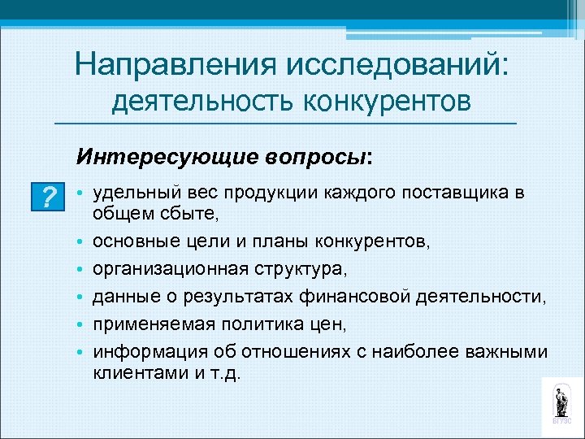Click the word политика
tap(258, 324)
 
